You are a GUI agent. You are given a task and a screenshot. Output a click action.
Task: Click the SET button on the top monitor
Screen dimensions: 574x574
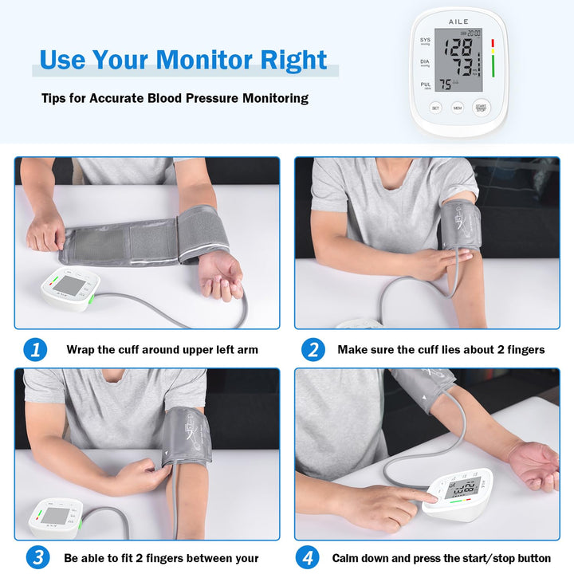click(x=435, y=107)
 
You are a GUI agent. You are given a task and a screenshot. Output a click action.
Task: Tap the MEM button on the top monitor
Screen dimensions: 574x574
click(x=458, y=107)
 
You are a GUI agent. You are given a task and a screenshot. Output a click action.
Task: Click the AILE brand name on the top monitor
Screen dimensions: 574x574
click(x=459, y=22)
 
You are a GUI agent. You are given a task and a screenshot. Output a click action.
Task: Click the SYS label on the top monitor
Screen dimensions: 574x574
click(x=426, y=39)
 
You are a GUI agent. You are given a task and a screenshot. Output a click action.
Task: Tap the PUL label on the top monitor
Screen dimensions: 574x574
click(x=426, y=83)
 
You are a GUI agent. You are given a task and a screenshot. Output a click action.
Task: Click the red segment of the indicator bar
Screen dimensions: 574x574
click(x=493, y=43)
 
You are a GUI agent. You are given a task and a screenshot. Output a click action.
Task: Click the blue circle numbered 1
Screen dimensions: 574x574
click(x=34, y=349)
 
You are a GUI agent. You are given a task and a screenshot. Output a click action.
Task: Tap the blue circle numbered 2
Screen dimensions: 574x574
click(x=313, y=349)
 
